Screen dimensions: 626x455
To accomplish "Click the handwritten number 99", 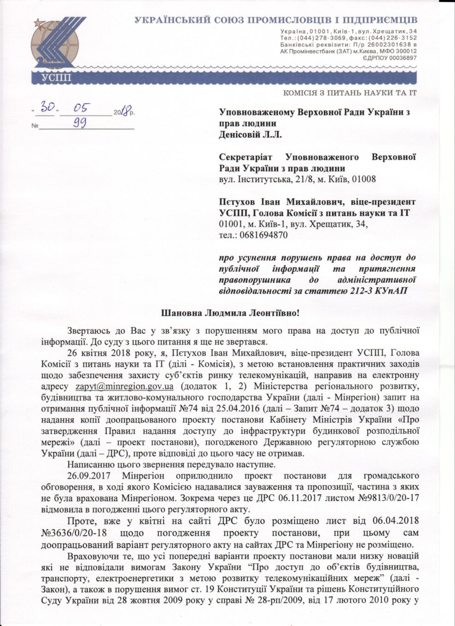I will tap(80, 123).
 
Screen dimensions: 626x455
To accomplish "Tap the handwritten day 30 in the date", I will tap(48, 107).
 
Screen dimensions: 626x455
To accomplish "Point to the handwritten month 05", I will tap(85, 107).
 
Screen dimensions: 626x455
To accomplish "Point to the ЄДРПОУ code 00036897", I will tap(398, 58).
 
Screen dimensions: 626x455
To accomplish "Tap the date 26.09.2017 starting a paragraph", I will tap(90, 475).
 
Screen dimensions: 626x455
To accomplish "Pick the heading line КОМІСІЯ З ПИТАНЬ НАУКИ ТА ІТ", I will tap(350, 93).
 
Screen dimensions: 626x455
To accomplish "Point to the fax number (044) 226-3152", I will tap(392, 38).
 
